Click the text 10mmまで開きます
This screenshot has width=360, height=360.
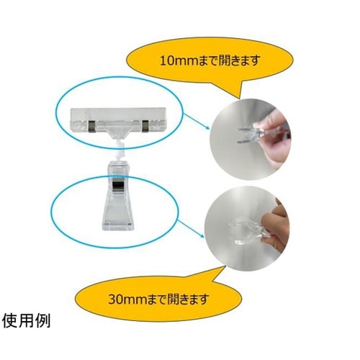pyautogui.click(x=210, y=60)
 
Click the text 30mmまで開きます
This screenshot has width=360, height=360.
pyautogui.click(x=158, y=299)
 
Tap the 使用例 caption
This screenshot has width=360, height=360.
pyautogui.click(x=27, y=321)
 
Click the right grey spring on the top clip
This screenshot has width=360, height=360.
pyautogui.click(x=145, y=126)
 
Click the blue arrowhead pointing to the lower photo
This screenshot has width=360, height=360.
pyautogui.click(x=202, y=235)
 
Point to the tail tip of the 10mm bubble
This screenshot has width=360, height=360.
pyautogui.click(x=239, y=99)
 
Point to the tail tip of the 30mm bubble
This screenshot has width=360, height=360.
pyautogui.click(x=225, y=266)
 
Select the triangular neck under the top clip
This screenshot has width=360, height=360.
pyautogui.click(x=117, y=132)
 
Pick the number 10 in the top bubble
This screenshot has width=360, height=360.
pyautogui.click(x=166, y=60)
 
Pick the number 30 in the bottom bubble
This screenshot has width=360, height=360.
pyautogui.click(x=115, y=300)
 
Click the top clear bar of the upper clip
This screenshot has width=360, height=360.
pyautogui.click(x=119, y=114)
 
